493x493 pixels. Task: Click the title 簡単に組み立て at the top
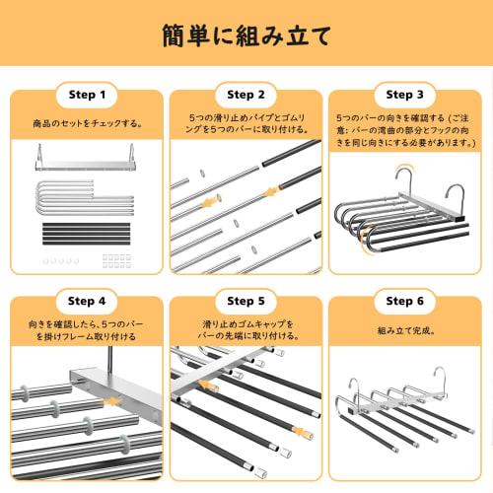[x=246, y=35]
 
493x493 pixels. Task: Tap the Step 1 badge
[x=87, y=95]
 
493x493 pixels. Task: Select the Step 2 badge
[x=246, y=95]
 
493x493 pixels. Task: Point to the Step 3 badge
[x=405, y=95]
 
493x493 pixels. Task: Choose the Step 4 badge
[x=87, y=300]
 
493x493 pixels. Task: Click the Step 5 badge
[x=246, y=300]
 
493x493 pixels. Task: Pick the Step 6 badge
[x=405, y=300]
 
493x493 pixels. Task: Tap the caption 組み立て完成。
[x=405, y=332]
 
